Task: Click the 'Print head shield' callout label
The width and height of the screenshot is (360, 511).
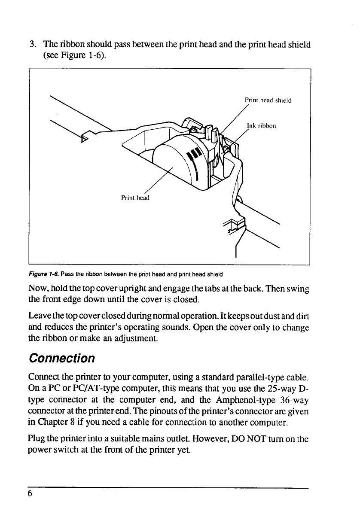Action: pos(268,100)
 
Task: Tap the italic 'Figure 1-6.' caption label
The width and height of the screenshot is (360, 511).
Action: pos(41,274)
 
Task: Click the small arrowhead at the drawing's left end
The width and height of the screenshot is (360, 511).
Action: pos(85,138)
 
